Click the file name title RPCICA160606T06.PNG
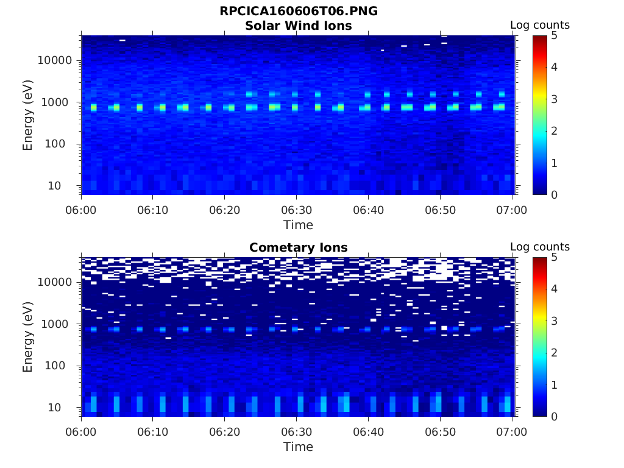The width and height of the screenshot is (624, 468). coord(299,12)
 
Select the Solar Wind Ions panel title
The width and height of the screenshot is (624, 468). coord(299,26)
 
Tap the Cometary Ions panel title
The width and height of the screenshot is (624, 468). coord(299,247)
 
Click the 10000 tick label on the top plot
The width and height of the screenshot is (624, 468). coord(55,60)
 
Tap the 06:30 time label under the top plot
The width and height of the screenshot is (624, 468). coord(297,210)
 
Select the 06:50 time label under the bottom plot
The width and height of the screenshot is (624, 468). coord(440,432)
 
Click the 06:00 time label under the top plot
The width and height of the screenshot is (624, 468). coord(82,210)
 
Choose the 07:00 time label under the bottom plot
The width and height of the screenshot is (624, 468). coord(512,432)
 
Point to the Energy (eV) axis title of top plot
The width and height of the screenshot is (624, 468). coord(28,116)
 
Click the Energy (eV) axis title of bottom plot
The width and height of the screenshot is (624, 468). coord(28,338)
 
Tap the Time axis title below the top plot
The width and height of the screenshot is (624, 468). coord(299,225)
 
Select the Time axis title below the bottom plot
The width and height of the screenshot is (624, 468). coord(299,447)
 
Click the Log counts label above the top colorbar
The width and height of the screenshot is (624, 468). coord(540,25)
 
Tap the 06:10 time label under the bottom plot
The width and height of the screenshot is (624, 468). coord(153,432)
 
